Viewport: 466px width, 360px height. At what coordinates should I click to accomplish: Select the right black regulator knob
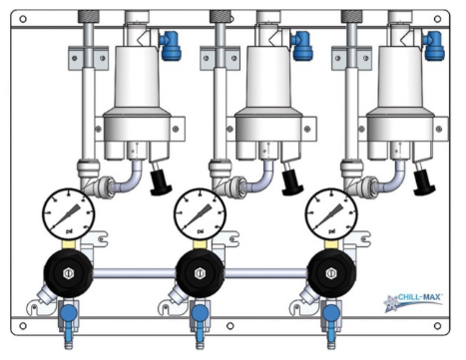[331, 272]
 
